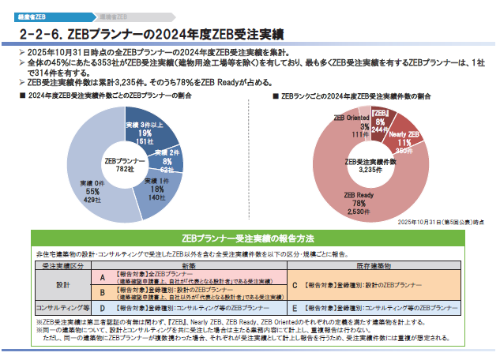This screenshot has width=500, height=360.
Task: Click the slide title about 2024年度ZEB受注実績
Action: [150, 34]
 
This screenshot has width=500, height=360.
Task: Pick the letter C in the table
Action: [294, 284]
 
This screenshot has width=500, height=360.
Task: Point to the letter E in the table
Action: [294, 307]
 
